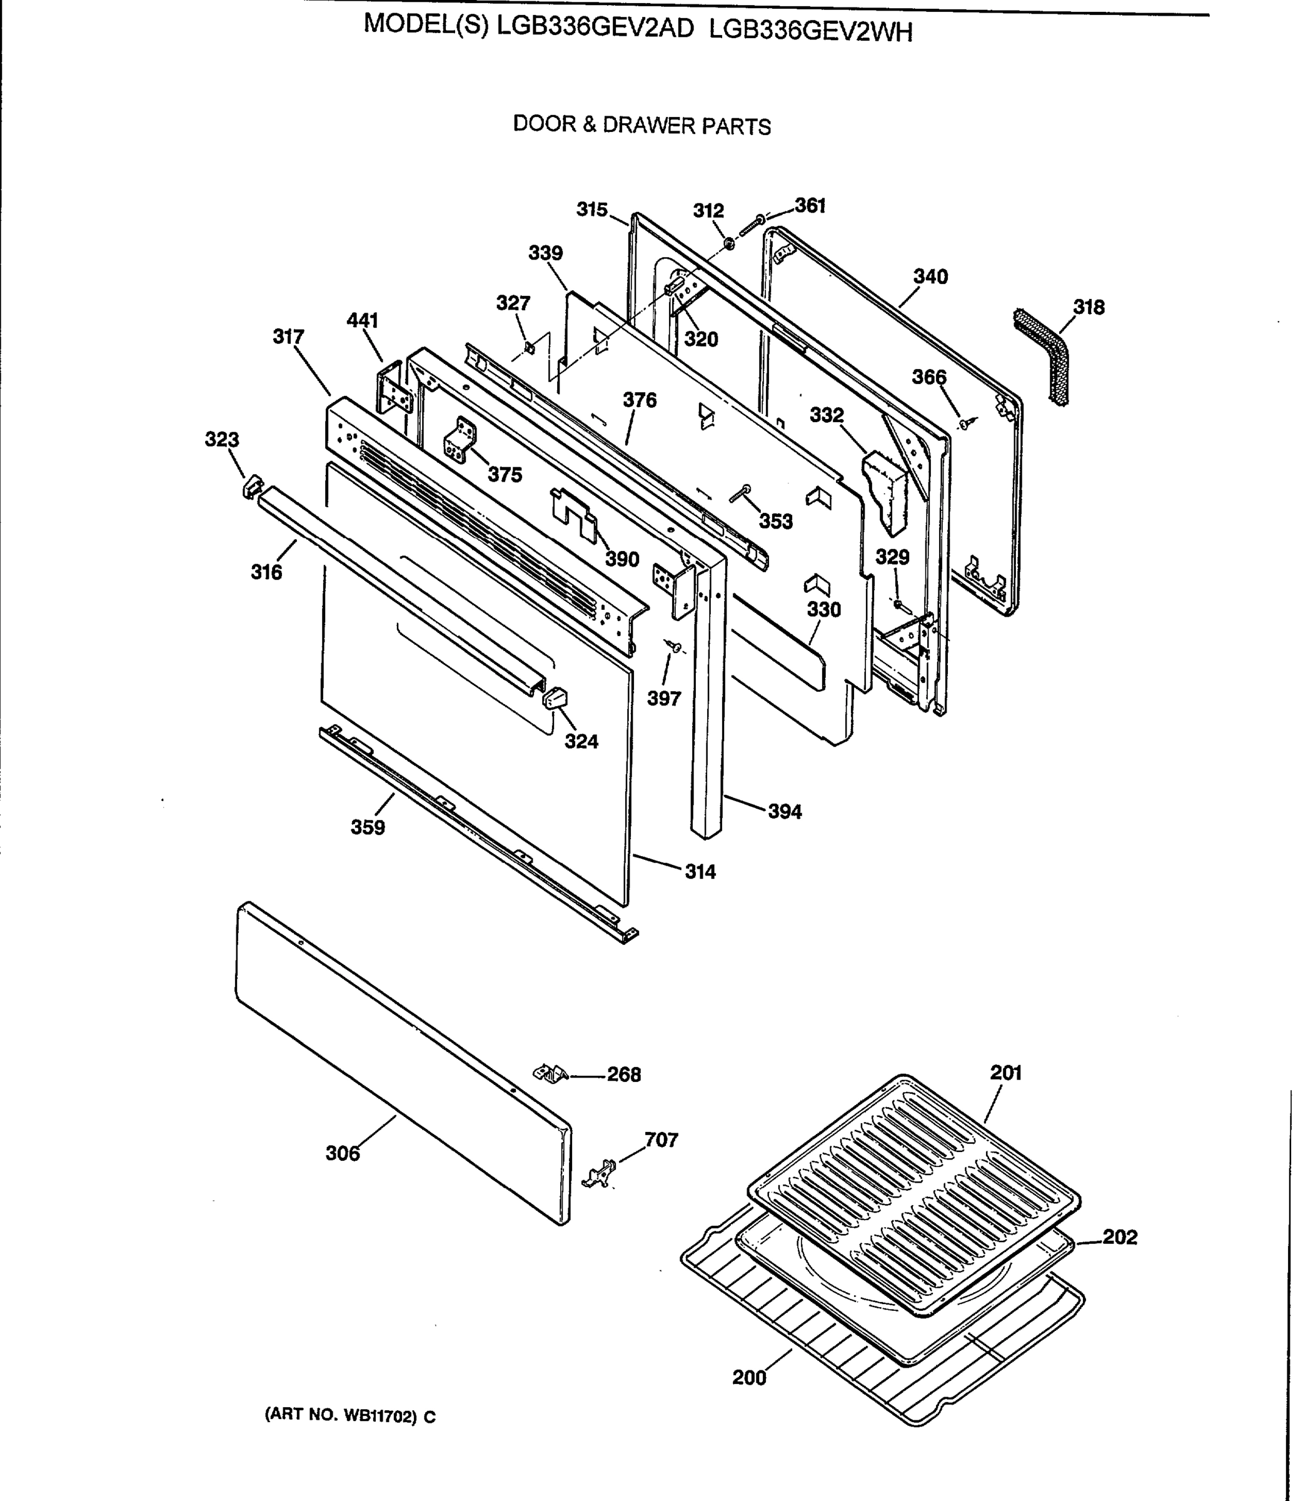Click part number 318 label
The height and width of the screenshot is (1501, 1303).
click(1089, 307)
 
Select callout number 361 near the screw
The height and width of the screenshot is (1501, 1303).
click(810, 206)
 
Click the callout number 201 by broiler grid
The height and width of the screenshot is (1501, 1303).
click(1005, 1073)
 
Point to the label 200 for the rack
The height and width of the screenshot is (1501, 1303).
click(749, 1377)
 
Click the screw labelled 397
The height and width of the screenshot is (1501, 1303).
click(675, 646)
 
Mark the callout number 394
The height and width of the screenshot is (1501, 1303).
click(785, 812)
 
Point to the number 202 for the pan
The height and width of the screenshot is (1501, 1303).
click(1120, 1237)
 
